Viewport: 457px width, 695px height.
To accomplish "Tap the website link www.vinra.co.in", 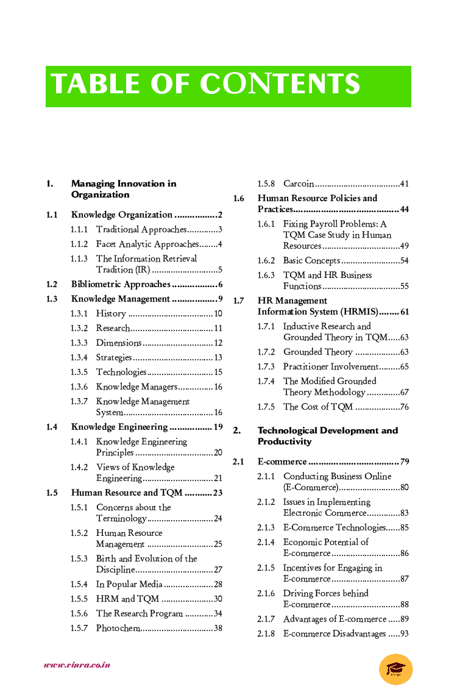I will pyautogui.click(x=77, y=665).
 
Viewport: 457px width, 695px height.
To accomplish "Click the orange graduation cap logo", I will pyautogui.click(x=395, y=669).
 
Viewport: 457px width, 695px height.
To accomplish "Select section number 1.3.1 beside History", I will pyautogui.click(x=79, y=314).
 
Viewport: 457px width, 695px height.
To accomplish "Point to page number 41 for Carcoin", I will pyautogui.click(x=404, y=184).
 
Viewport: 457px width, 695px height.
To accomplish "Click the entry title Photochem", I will pyautogui.click(x=118, y=629).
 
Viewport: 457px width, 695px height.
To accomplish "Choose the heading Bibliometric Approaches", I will pyautogui.click(x=121, y=285).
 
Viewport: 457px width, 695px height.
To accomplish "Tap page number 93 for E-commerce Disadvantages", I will pyautogui.click(x=404, y=634).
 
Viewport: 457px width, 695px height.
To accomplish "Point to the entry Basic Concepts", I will pyautogui.click(x=311, y=261).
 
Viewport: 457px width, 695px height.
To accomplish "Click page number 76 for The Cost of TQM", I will pyautogui.click(x=404, y=407).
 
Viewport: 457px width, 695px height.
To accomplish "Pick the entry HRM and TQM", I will pyautogui.click(x=127, y=599).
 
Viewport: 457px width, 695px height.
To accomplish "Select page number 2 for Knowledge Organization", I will pyautogui.click(x=219, y=215).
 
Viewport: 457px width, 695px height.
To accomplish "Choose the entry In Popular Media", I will pyautogui.click(x=129, y=585).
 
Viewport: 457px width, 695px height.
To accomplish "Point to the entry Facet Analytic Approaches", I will pyautogui.click(x=147, y=244).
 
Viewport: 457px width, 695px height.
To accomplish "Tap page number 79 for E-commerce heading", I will pyautogui.click(x=405, y=462).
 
